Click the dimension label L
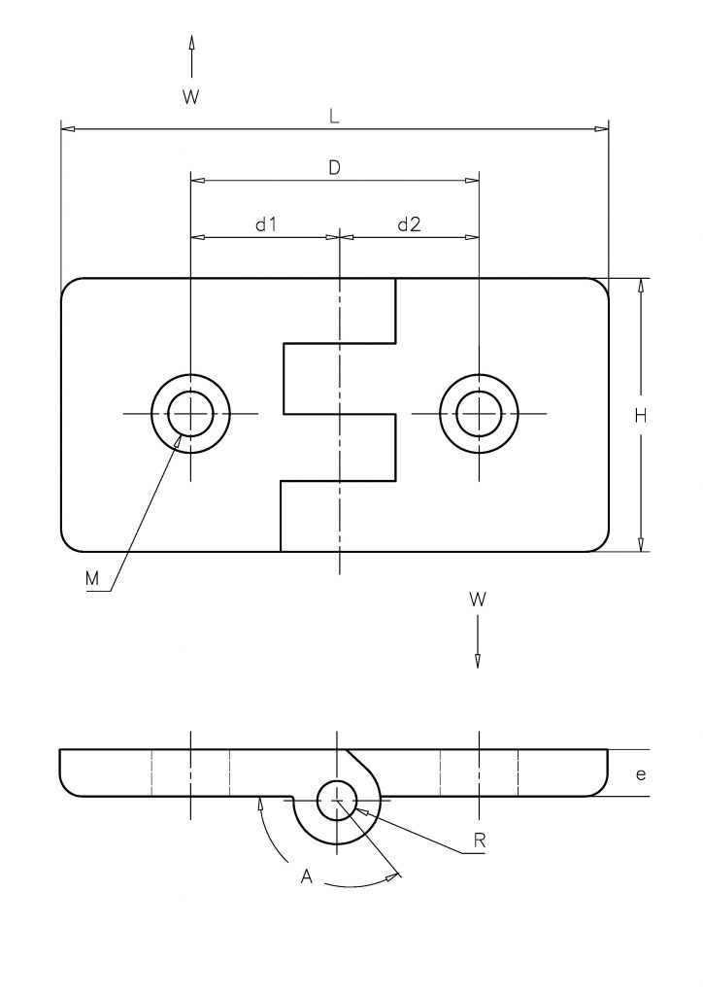[x=334, y=117]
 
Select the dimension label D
[x=335, y=167]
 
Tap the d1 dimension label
[x=266, y=224]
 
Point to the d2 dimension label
[x=409, y=224]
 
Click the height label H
[x=641, y=416]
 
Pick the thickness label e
[x=641, y=774]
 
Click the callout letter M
[x=92, y=579]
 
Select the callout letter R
[x=480, y=841]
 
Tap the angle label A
[x=307, y=877]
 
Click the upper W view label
[x=191, y=97]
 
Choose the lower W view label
[x=478, y=599]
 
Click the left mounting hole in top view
[x=191, y=414]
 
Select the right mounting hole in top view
[x=480, y=414]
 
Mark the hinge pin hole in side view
[x=337, y=801]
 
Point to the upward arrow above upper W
[x=191, y=55]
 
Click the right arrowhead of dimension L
[x=600, y=129]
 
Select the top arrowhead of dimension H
[x=641, y=287]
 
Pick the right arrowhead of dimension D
[x=472, y=180]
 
